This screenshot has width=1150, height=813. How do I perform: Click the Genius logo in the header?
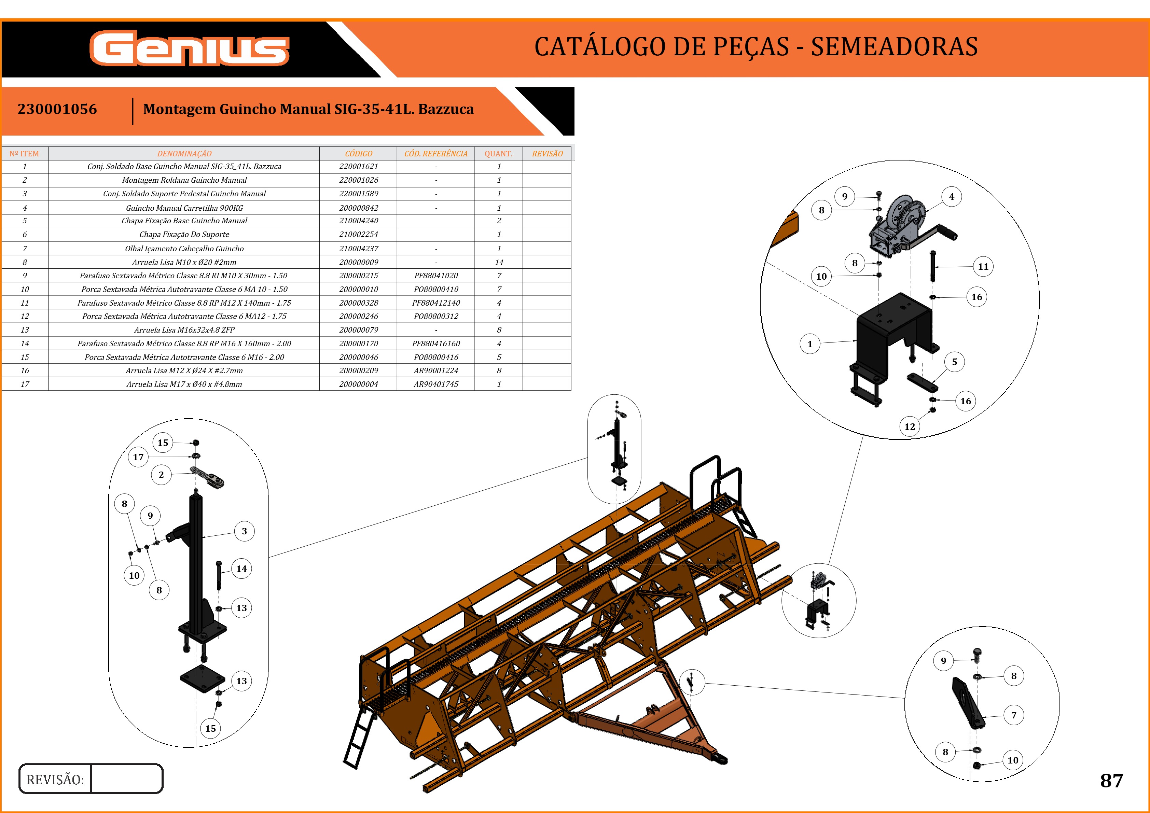[189, 48]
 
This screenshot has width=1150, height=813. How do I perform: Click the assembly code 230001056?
[57, 109]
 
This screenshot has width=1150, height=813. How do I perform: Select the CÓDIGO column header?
[358, 154]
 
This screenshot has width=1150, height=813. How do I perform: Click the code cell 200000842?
[358, 208]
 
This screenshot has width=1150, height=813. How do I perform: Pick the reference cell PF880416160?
[436, 344]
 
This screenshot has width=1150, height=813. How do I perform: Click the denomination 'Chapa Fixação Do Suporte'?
[184, 234]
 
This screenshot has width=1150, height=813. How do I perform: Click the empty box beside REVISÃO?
[127, 779]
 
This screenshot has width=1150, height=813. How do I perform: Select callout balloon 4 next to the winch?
[951, 197]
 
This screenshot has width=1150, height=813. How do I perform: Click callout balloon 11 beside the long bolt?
[983, 266]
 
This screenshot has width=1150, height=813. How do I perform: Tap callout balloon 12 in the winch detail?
[910, 426]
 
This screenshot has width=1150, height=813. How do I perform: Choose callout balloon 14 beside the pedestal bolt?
[241, 569]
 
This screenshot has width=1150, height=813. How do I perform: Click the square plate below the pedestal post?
[202, 678]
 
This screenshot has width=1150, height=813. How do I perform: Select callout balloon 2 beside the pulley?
[161, 475]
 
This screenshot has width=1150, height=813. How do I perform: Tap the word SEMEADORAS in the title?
[894, 46]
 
